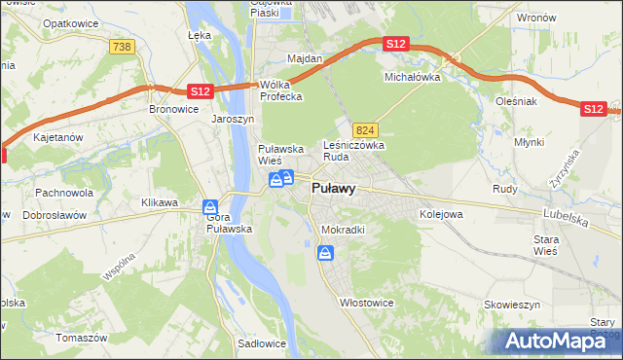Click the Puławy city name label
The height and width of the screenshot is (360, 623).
click(x=332, y=190)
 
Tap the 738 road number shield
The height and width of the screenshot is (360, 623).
click(x=122, y=47)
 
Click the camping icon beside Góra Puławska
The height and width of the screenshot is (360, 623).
click(x=209, y=207)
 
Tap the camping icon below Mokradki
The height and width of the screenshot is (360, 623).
click(x=325, y=253)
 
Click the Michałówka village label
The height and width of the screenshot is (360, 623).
click(x=413, y=76)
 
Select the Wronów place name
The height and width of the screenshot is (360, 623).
click(x=536, y=18)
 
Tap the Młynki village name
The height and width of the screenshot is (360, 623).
click(x=530, y=142)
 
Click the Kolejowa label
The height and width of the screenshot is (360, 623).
click(x=440, y=213)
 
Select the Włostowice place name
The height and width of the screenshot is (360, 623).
click(x=366, y=303)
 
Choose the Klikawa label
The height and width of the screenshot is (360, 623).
click(x=160, y=202)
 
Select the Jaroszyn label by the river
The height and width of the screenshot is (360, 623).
click(x=233, y=119)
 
